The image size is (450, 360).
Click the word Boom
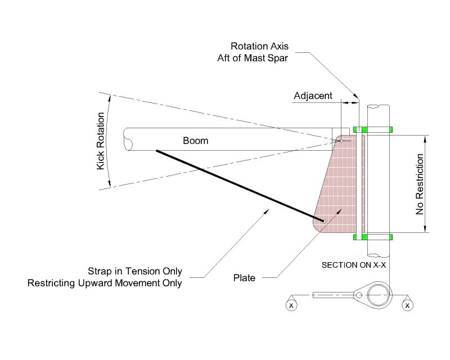point(195,141)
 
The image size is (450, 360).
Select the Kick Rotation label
point(101,141)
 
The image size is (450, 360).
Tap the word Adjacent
point(313,96)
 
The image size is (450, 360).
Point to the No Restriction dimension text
point(419,183)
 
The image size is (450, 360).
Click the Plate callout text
point(244,277)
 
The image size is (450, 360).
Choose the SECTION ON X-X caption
point(353,264)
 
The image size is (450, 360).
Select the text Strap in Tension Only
point(135,271)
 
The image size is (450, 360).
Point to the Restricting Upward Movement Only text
point(105,283)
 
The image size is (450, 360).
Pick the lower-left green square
point(355,237)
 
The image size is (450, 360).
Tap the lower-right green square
point(389,237)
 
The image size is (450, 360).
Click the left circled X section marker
point(291,305)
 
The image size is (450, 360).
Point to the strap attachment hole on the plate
point(323,221)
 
